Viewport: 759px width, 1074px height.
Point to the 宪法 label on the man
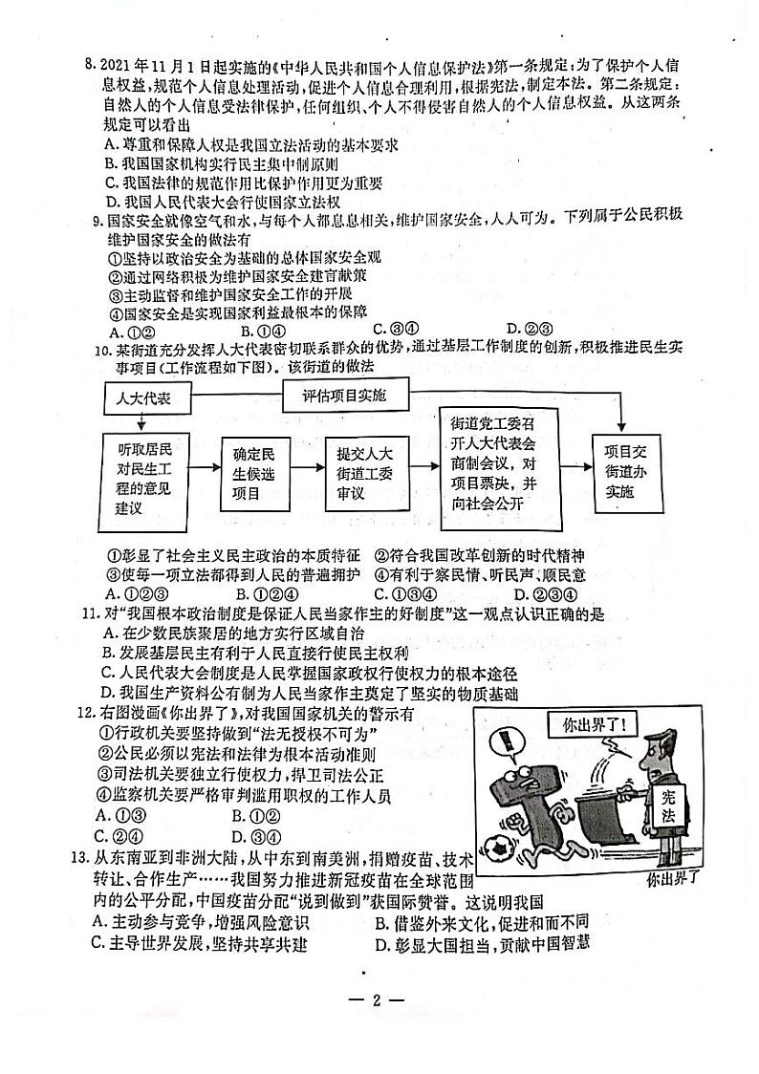[666, 805]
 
